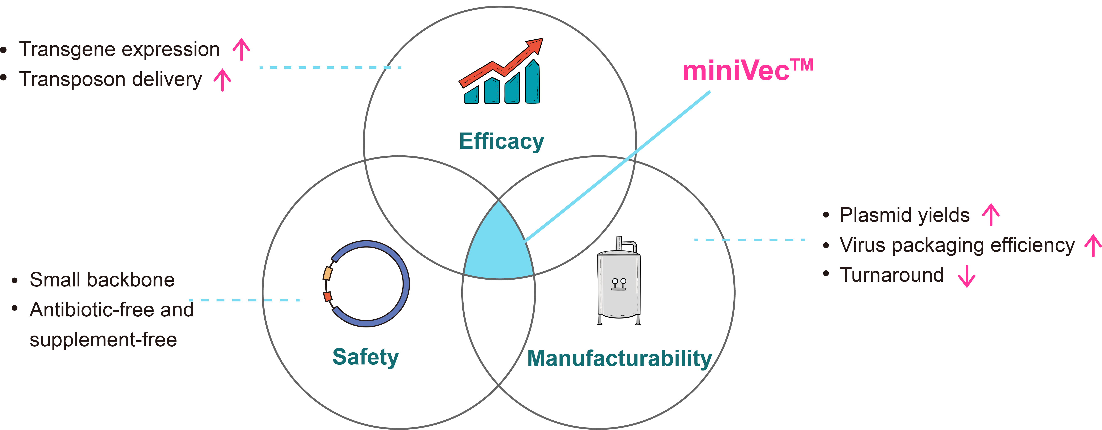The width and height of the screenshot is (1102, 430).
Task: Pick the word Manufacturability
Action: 619,358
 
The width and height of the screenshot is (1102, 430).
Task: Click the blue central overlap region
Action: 498,248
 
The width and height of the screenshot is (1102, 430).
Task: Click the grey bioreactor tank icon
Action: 619,285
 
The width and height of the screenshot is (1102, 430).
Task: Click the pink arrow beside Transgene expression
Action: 241,49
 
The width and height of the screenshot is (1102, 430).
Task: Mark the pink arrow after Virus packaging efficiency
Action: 1093,245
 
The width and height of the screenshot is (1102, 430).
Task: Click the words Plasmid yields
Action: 904,215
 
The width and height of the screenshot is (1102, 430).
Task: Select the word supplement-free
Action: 103,340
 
